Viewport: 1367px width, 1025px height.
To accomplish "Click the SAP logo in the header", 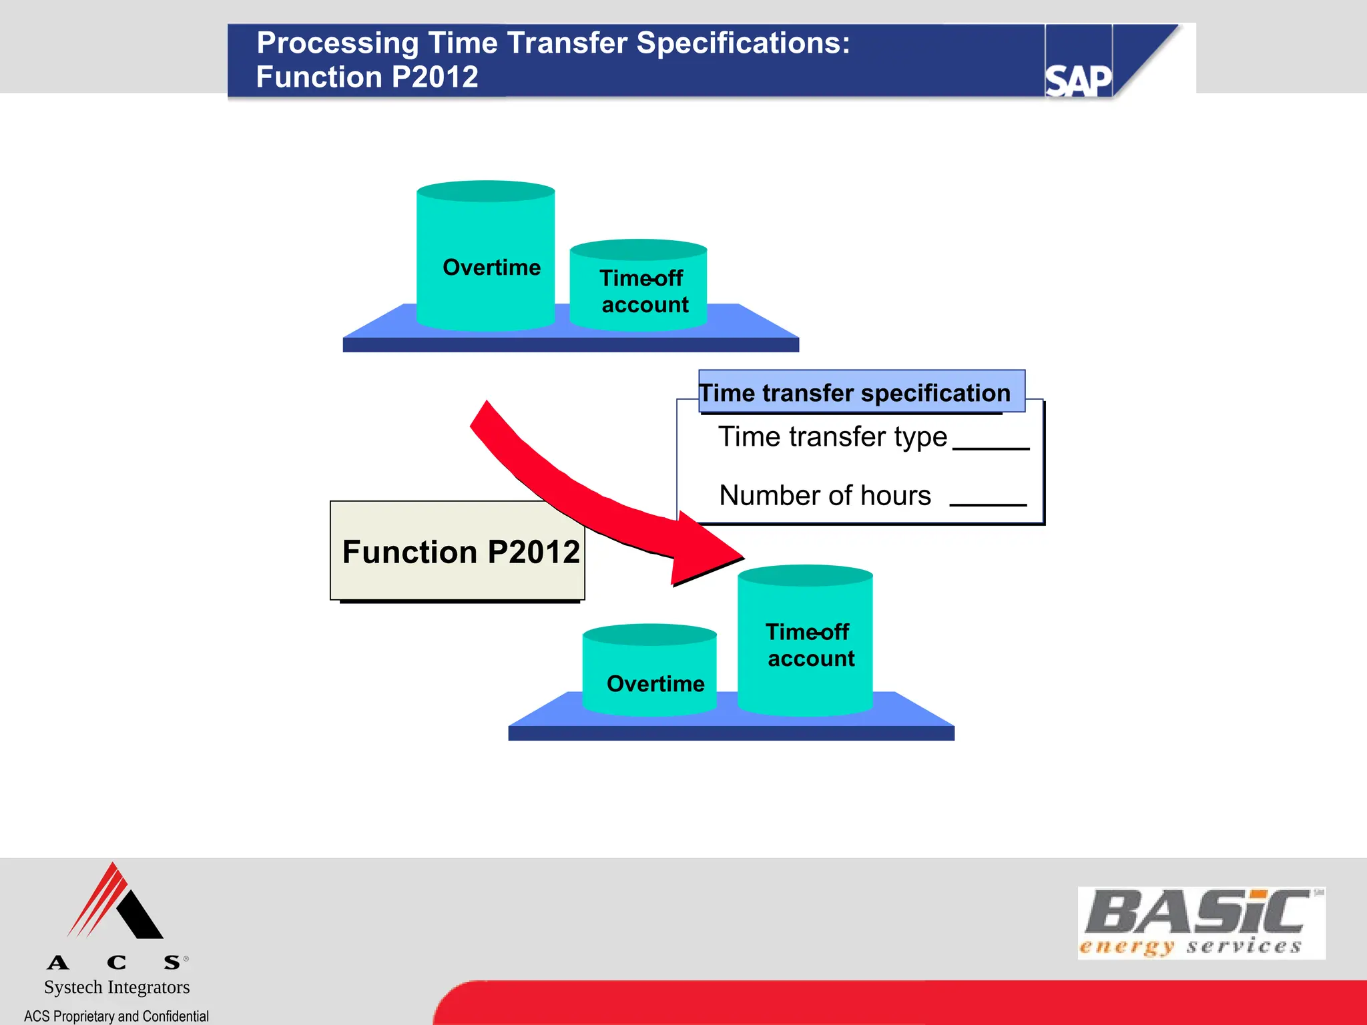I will (x=1078, y=80).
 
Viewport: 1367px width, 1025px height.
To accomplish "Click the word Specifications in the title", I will (x=742, y=43).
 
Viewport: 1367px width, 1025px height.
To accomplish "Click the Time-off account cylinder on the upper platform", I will (x=639, y=290).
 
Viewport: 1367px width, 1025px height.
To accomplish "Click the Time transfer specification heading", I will (x=856, y=392).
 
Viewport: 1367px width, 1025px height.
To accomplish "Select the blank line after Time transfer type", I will (x=991, y=448).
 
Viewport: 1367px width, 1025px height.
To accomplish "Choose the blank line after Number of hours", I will (x=988, y=504).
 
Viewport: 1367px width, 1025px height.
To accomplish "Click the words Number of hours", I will (x=825, y=496).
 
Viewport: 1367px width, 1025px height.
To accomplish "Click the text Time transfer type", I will (x=832, y=437).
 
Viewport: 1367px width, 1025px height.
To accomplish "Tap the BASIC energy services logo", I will (x=1201, y=923).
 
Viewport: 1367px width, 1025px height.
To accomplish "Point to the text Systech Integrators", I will (x=117, y=987).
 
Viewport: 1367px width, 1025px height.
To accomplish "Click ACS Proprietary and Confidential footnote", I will (x=116, y=1016).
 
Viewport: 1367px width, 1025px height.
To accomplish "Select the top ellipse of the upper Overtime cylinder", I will (x=485, y=192).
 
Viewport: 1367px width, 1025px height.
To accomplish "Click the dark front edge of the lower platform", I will (x=731, y=733).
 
